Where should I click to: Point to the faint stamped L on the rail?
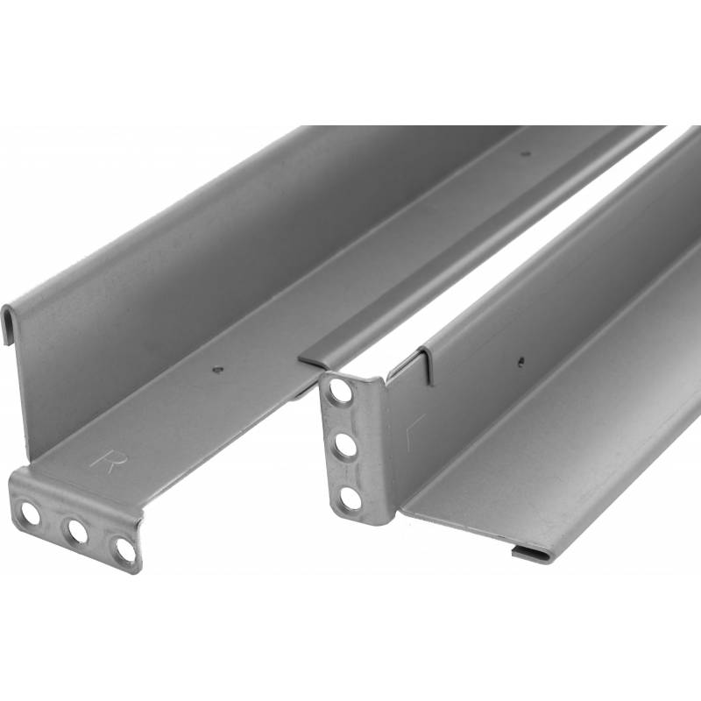(414, 432)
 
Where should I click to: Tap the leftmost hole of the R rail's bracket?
(31, 513)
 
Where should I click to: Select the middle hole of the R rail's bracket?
(78, 531)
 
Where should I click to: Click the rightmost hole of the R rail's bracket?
(123, 548)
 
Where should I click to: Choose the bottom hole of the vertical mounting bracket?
(350, 497)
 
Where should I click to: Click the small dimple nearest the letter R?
(217, 369)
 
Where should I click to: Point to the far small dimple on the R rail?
(527, 153)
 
